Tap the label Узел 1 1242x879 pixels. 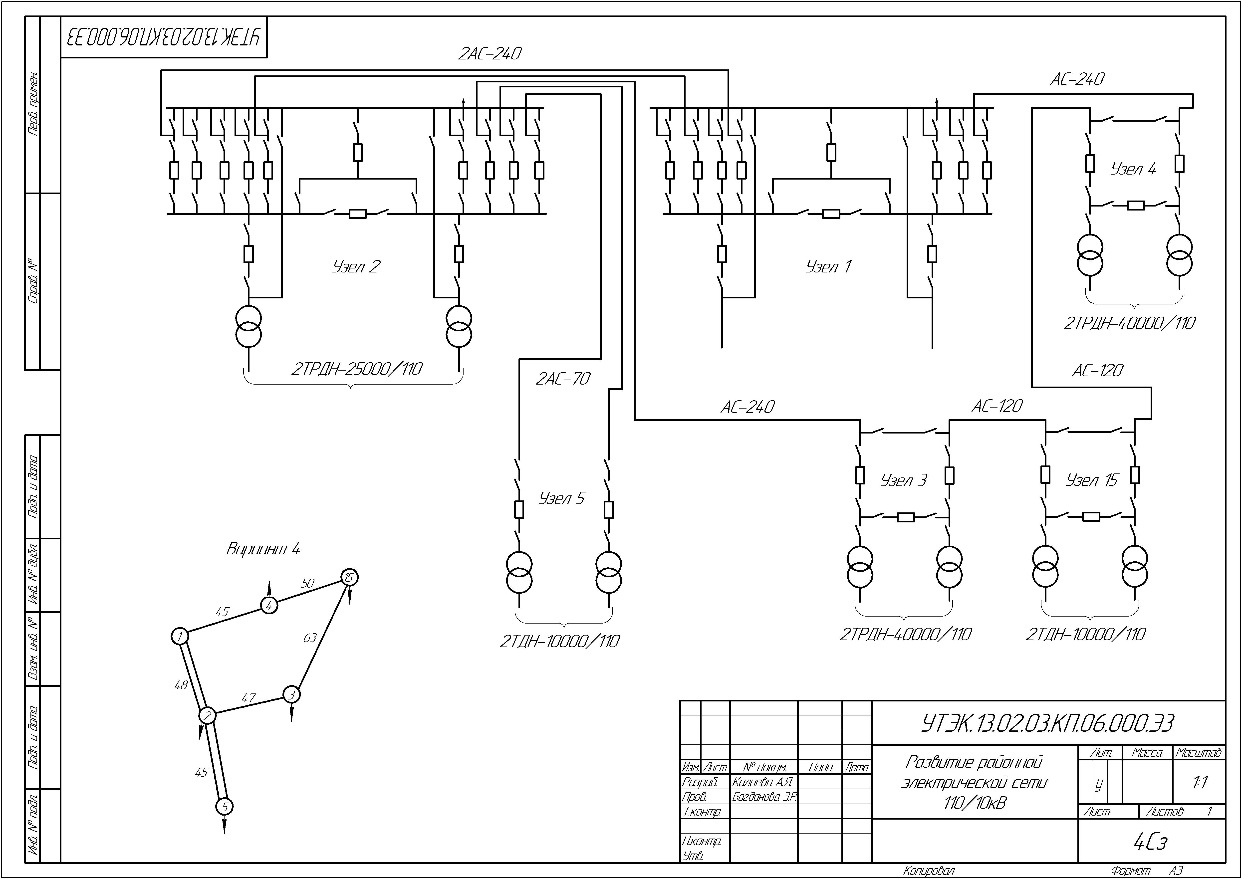[x=829, y=266]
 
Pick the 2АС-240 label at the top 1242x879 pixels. [x=490, y=54]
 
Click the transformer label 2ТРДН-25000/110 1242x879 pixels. [x=357, y=369]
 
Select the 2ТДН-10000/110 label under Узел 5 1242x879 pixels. [x=560, y=641]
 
